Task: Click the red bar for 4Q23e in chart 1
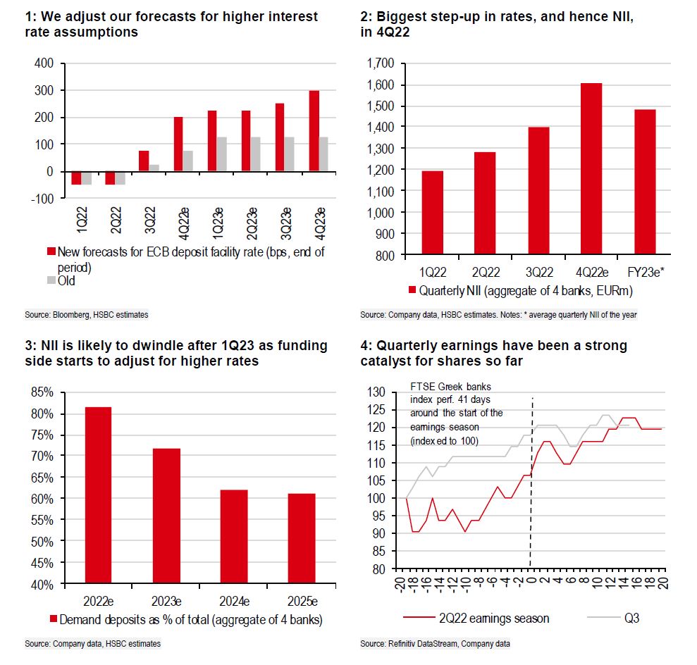coord(314,131)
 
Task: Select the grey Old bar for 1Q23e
coord(222,154)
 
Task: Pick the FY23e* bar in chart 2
coord(646,181)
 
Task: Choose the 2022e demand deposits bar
coord(99,496)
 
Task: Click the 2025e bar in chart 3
coord(301,539)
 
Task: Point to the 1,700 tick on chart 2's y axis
coord(380,63)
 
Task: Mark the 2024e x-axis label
coord(233,601)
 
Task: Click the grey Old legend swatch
coord(50,280)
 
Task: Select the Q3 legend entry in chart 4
coord(619,619)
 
